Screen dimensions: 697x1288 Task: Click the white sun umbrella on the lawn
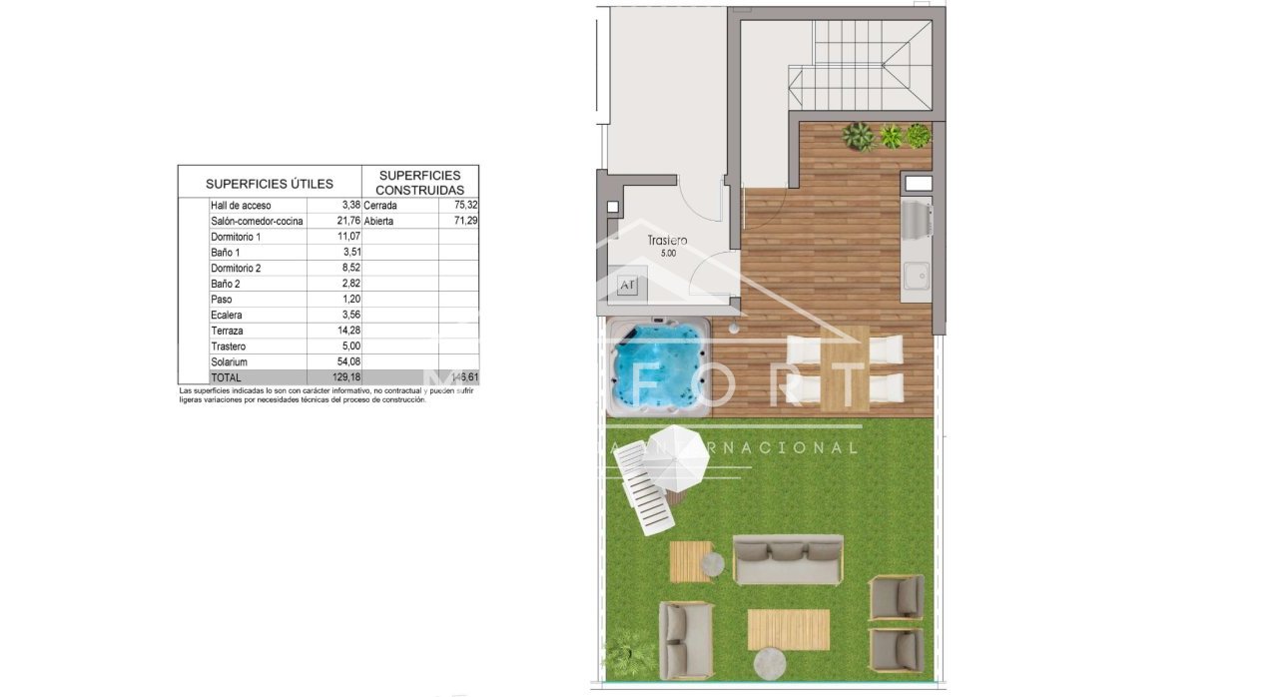(x=677, y=456)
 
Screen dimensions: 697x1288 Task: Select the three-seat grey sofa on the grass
(x=788, y=560)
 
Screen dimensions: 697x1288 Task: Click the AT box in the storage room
(x=627, y=286)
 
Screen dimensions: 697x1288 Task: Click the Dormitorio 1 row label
(x=236, y=237)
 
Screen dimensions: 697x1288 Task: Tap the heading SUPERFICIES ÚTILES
(x=270, y=184)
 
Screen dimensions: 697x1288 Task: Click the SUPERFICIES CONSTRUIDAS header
(x=419, y=182)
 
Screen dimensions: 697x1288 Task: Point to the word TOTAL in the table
(x=226, y=377)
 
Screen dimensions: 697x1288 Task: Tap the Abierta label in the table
(x=380, y=221)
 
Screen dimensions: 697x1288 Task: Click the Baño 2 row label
(x=226, y=284)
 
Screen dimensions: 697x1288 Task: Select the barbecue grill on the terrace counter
(x=917, y=220)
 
